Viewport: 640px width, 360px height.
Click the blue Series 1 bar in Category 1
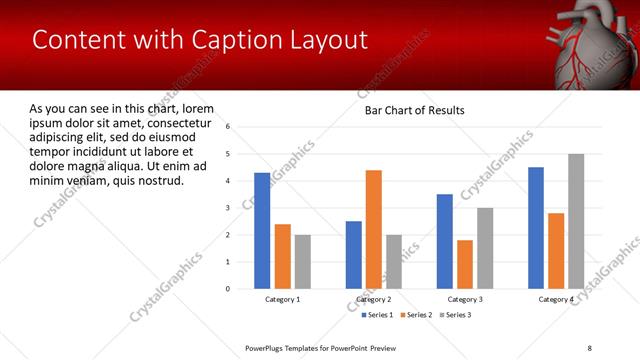click(262, 230)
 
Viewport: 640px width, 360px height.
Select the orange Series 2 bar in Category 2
click(374, 229)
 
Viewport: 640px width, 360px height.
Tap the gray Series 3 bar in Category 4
click(576, 221)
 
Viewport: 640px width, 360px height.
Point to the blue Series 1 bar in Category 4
click(536, 227)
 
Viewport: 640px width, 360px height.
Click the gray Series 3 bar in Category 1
click(303, 261)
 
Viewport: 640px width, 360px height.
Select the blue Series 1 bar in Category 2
click(354, 254)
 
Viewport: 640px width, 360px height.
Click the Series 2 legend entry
click(418, 315)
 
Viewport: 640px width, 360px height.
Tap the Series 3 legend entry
click(456, 315)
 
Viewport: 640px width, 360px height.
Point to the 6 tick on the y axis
click(228, 127)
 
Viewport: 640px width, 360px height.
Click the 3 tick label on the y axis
click(228, 208)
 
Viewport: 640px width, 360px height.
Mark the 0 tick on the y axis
click(228, 289)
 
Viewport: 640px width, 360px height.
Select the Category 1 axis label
click(283, 300)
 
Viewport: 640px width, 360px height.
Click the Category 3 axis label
click(465, 300)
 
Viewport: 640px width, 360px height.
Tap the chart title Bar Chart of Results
click(414, 110)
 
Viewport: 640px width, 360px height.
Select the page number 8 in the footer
click(588, 347)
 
